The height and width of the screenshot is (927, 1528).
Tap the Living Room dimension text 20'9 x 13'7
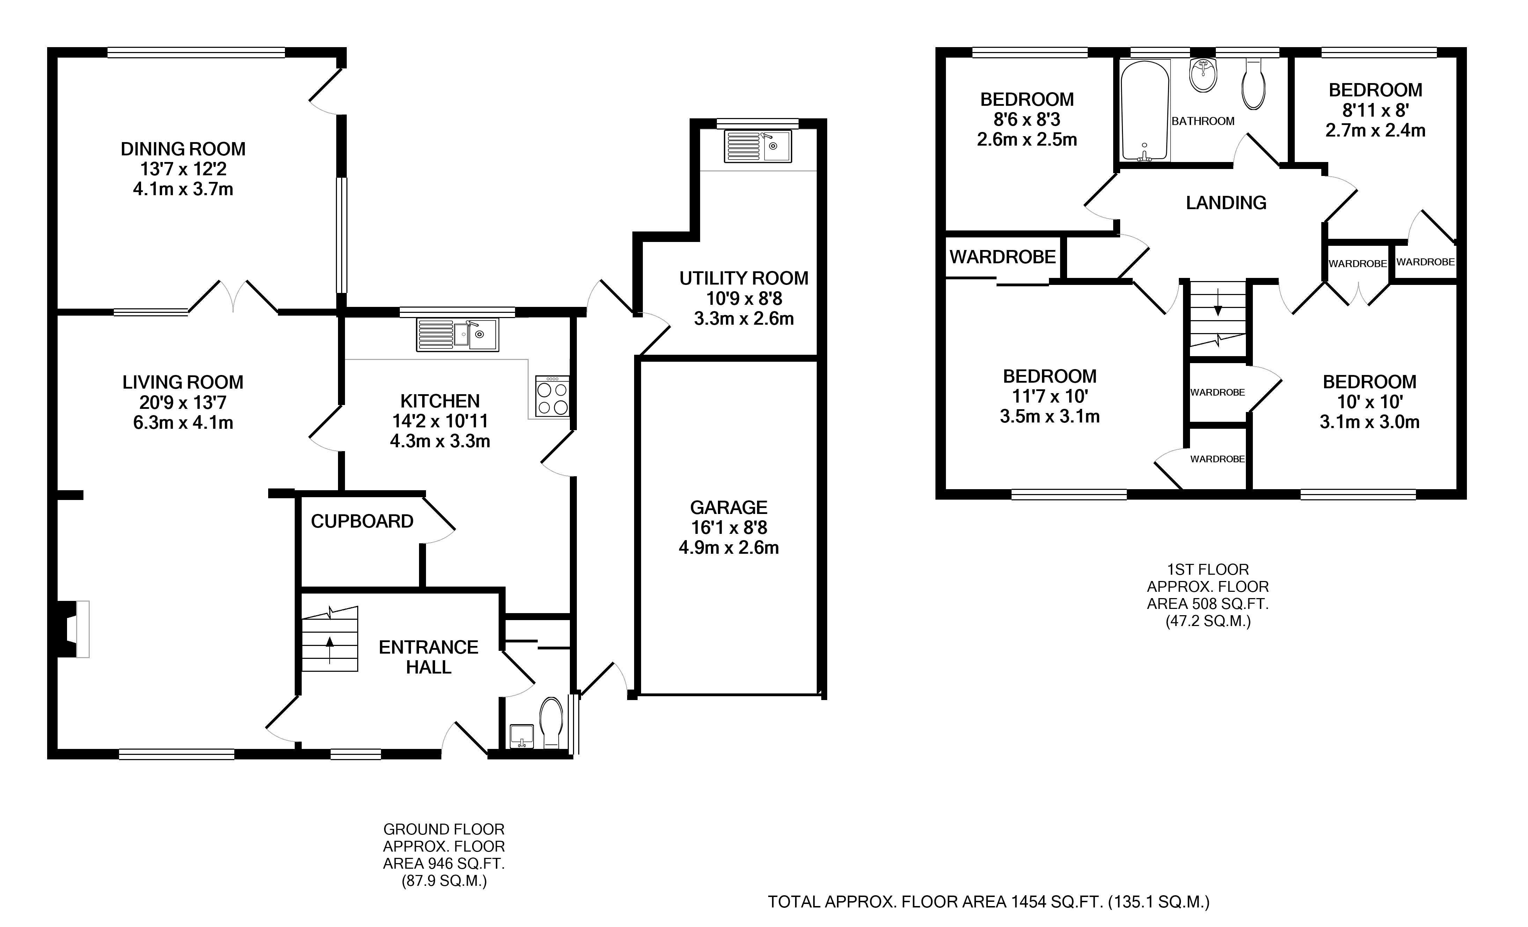click(x=183, y=403)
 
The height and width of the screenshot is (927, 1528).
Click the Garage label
click(x=729, y=508)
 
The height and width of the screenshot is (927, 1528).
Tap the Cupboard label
click(x=362, y=522)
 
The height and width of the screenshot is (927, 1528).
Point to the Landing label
click(x=1226, y=203)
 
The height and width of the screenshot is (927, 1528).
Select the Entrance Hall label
click(x=428, y=657)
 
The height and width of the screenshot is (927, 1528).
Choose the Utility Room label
click(x=743, y=278)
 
